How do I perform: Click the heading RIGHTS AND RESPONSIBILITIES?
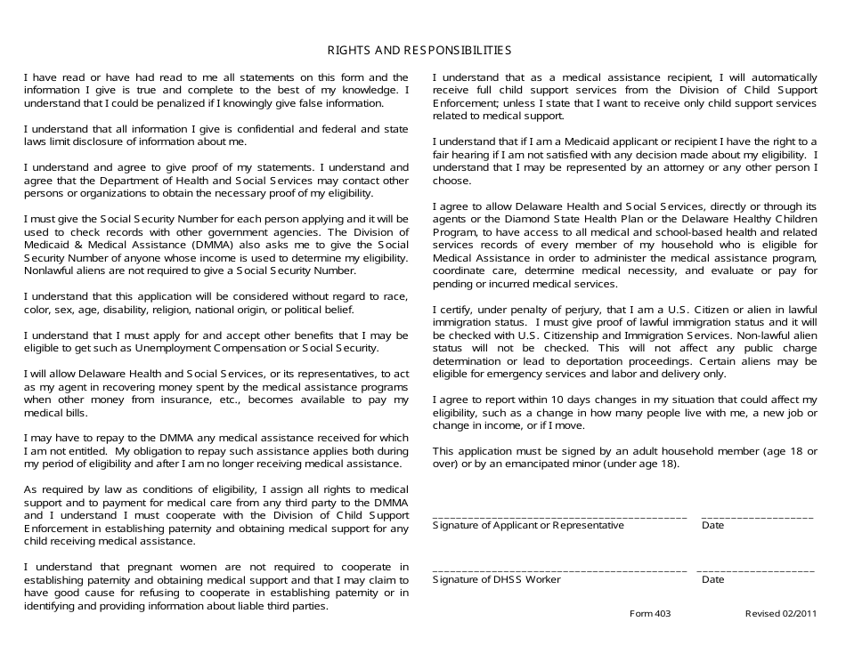pyautogui.click(x=419, y=51)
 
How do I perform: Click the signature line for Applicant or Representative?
pyautogui.click(x=559, y=516)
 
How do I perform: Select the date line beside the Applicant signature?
pyautogui.click(x=757, y=516)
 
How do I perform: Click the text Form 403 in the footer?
pyautogui.click(x=650, y=614)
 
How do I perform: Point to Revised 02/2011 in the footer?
pyautogui.click(x=780, y=614)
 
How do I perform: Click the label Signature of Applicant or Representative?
pyautogui.click(x=528, y=526)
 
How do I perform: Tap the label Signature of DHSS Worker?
pyautogui.click(x=496, y=580)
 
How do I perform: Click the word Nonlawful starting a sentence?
pyautogui.click(x=50, y=270)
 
